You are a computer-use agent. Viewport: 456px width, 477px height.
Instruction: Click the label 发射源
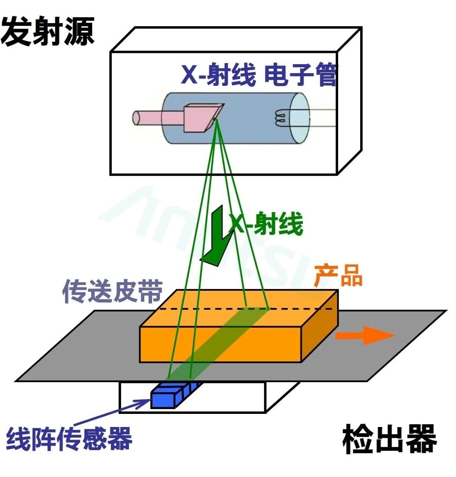47,32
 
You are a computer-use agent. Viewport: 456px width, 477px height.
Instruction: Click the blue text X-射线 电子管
259,75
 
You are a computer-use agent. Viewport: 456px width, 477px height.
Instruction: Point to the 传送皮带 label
112,291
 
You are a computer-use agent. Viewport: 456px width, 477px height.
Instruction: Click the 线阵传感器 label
69,439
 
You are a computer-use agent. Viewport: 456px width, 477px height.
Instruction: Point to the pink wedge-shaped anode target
201,117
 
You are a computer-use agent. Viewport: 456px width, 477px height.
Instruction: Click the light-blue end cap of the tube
300,118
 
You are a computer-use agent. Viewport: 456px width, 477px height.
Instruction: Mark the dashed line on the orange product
298,309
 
